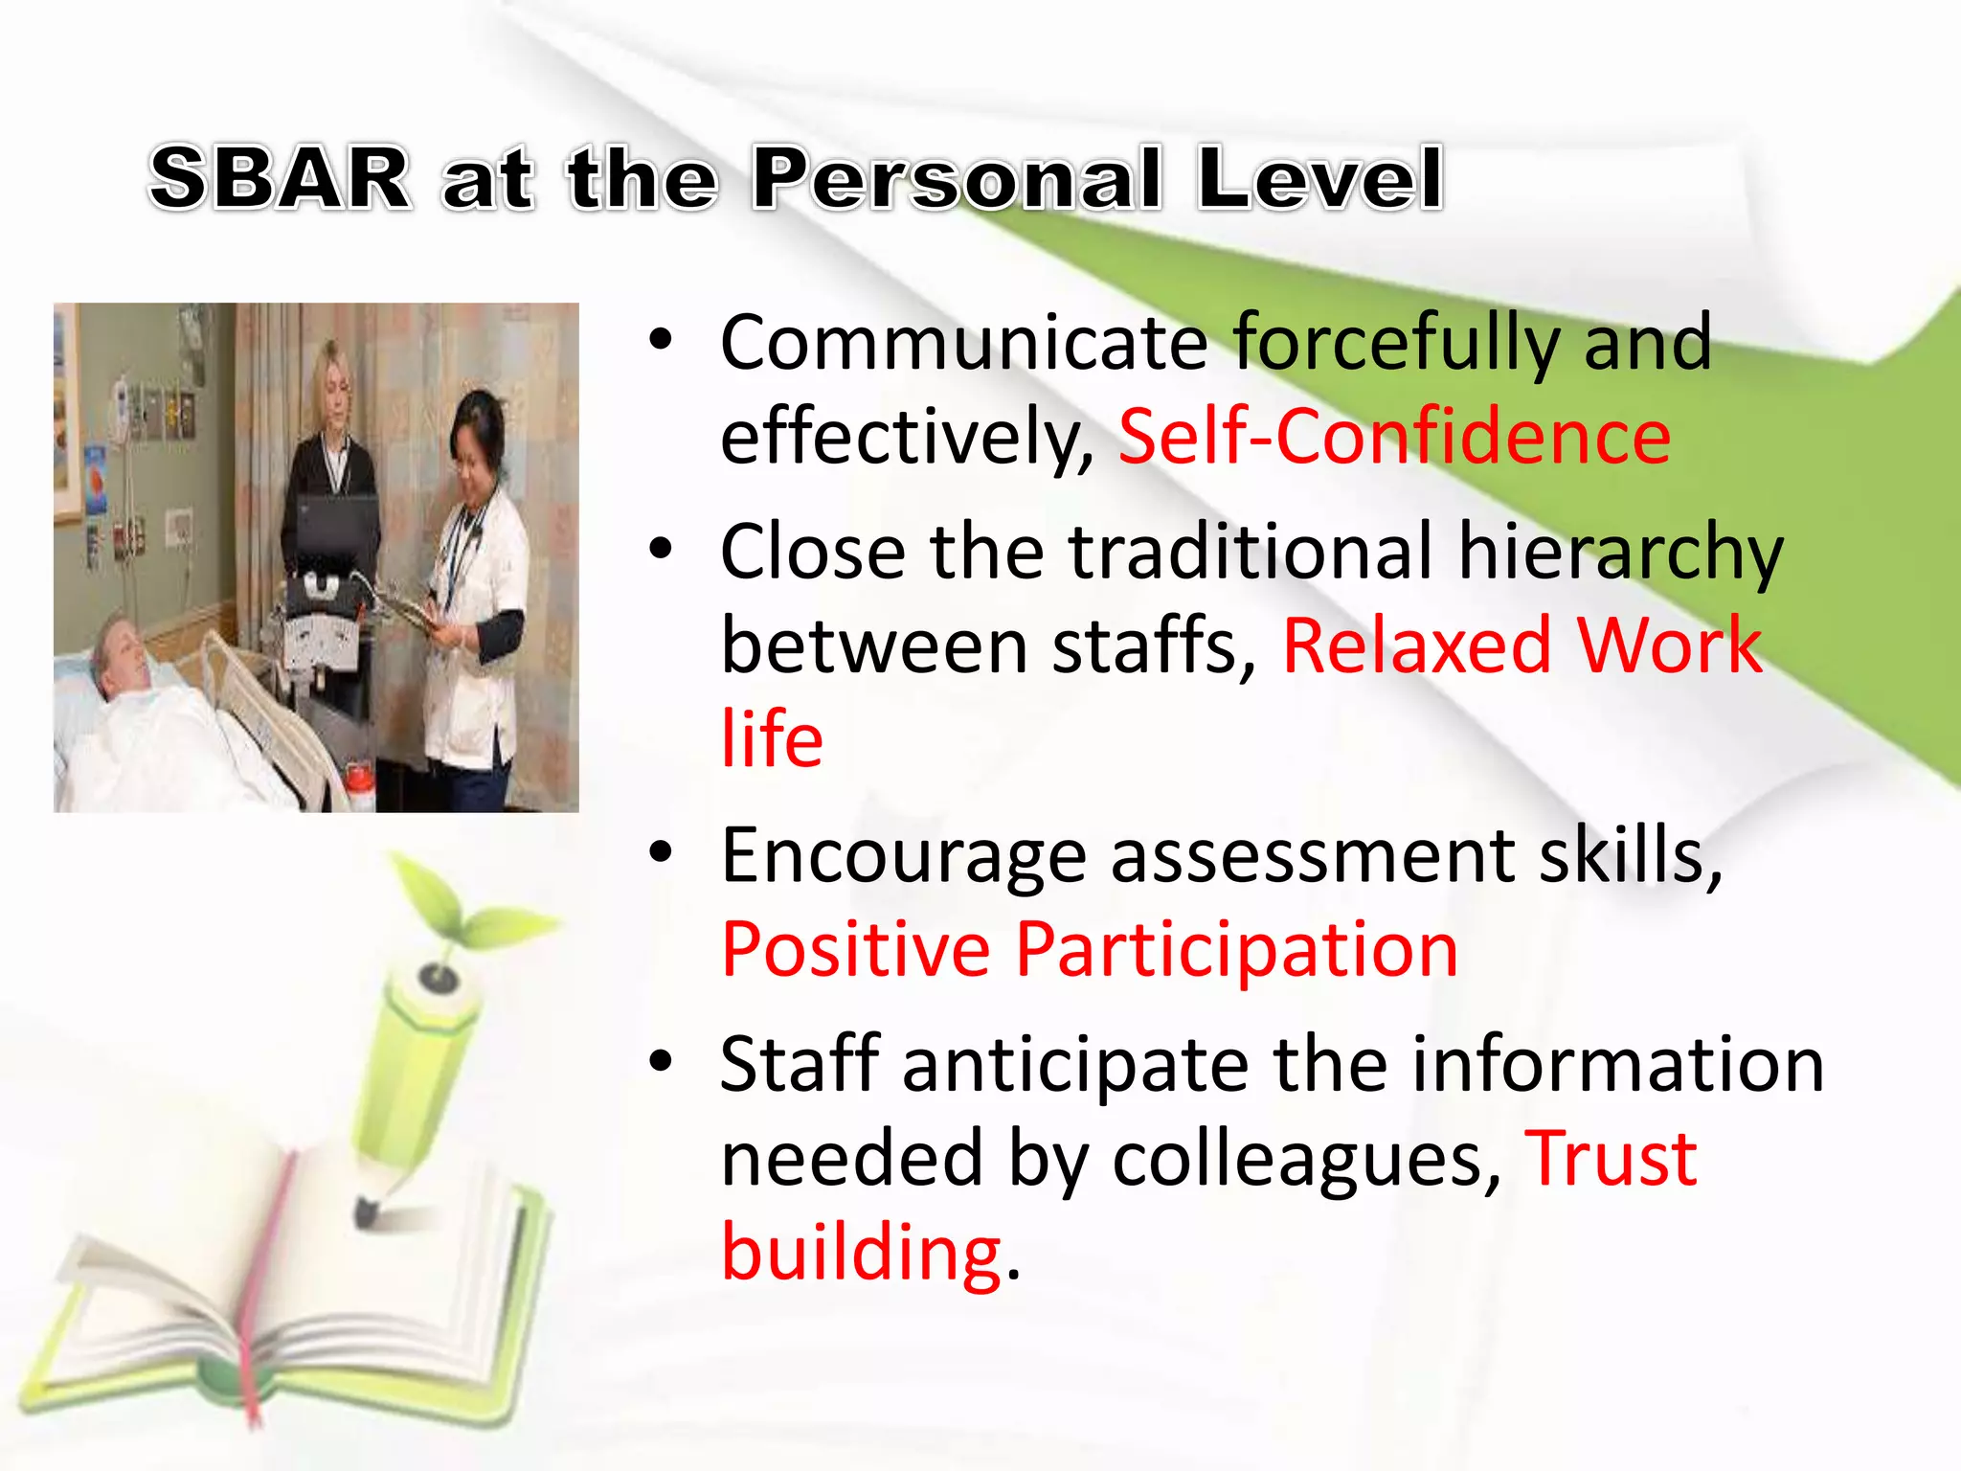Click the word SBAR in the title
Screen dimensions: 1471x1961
point(280,179)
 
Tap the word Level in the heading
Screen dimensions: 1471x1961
point(1319,179)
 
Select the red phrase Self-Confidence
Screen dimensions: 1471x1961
point(1394,437)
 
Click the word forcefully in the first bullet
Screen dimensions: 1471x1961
point(1396,343)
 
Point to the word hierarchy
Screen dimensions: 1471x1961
point(1620,554)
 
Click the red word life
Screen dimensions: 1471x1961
point(772,739)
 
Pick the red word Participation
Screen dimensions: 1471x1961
point(1236,950)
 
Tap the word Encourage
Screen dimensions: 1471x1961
point(903,855)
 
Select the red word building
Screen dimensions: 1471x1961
point(861,1253)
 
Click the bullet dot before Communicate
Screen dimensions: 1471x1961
point(661,340)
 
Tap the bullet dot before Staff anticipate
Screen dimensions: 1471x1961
point(661,1061)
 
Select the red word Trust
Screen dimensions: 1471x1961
point(1611,1160)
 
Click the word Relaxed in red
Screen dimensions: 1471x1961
point(1416,646)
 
